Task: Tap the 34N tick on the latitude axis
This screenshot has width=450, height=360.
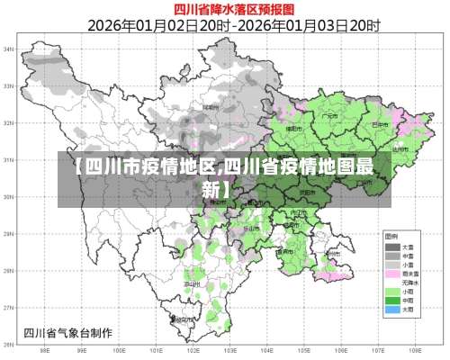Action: coord(9,49)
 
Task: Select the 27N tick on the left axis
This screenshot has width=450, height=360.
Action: coord(9,308)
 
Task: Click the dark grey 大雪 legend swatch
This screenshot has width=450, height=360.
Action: coord(393,246)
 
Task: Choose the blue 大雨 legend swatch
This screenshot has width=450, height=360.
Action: coord(393,310)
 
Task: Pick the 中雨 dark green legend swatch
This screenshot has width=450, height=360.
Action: coord(393,301)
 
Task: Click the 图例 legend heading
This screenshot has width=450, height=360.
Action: coord(393,236)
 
